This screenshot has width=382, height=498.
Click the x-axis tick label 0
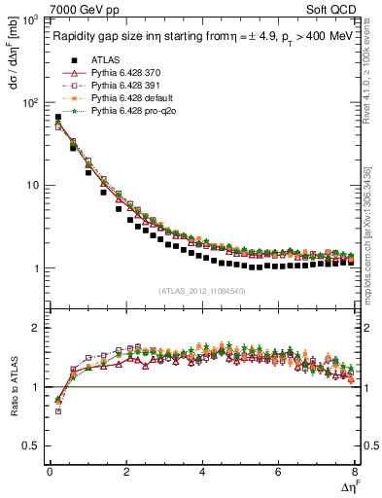[50, 472]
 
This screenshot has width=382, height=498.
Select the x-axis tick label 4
[202, 472]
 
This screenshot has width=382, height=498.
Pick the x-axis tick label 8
[355, 472]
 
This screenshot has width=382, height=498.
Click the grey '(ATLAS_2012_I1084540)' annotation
[202, 291]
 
